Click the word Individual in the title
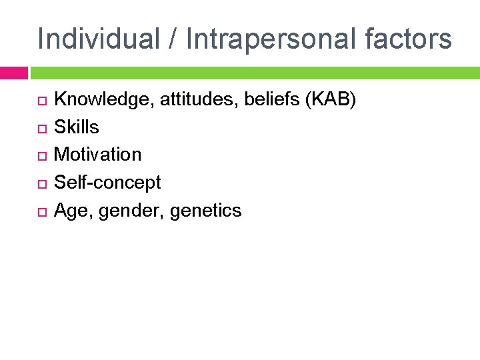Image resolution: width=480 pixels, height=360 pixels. (x=98, y=39)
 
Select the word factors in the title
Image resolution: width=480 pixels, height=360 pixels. (x=408, y=39)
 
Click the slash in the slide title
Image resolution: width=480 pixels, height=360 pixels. (x=172, y=39)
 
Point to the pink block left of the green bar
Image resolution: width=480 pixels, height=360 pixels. (x=13, y=73)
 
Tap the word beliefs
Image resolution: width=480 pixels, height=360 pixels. (x=266, y=100)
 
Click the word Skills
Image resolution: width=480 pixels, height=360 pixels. (x=76, y=127)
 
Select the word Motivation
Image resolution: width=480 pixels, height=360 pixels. (x=97, y=155)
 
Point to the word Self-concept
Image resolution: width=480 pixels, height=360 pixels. (x=107, y=183)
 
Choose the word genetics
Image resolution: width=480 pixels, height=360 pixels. (x=206, y=211)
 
